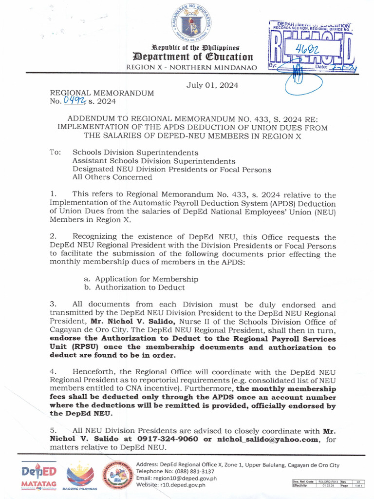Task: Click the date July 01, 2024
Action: click(x=212, y=85)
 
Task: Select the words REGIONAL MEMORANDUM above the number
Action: click(x=102, y=93)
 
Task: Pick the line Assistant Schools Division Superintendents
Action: click(x=154, y=161)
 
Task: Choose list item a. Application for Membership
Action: click(x=141, y=279)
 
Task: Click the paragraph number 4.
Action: click(x=53, y=371)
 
